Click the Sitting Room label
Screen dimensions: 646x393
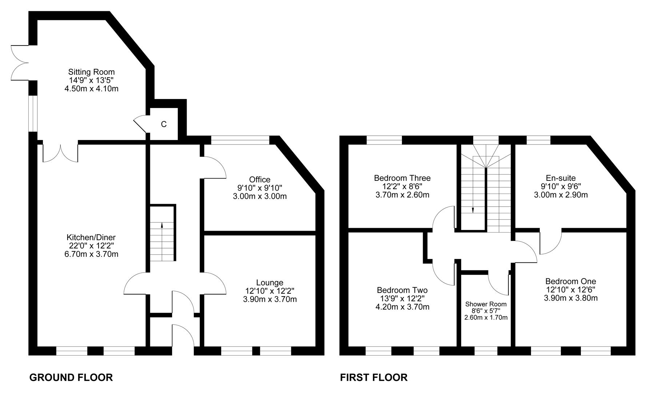[91, 72]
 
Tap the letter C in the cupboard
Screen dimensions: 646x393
[164, 124]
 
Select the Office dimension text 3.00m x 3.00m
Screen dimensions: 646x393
[260, 196]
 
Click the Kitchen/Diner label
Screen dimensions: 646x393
[91, 237]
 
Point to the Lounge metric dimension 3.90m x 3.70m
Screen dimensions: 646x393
[270, 299]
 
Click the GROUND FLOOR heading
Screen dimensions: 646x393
[71, 377]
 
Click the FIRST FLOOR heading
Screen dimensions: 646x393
[374, 377]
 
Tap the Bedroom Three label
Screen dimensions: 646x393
[402, 178]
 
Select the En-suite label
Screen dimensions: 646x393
[561, 178]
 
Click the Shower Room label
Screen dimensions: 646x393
[486, 304]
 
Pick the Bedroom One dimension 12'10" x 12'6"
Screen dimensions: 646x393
[571, 290]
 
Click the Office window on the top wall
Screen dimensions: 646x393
[240, 140]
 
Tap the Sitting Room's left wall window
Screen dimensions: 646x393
[33, 113]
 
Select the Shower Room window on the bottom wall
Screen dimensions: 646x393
[486, 351]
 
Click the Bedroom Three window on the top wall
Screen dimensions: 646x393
[384, 140]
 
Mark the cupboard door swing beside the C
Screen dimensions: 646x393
[140, 124]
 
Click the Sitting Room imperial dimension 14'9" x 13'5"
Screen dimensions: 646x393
[91, 80]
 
